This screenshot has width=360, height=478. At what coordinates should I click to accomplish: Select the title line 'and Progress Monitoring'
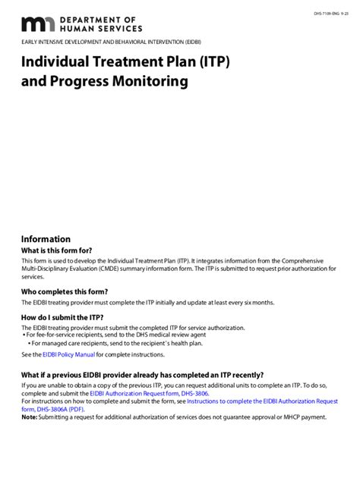(x=104, y=80)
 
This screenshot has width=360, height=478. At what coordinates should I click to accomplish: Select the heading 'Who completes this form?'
(x=64, y=291)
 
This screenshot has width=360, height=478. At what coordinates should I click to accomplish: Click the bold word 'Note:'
(x=29, y=417)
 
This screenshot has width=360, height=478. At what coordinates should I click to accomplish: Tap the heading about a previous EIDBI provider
(x=142, y=375)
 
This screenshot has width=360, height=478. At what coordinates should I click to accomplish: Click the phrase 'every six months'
(x=251, y=303)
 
